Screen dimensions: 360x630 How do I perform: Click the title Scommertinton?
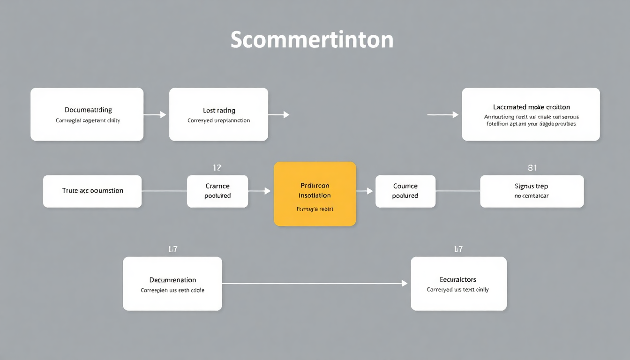pyautogui.click(x=312, y=40)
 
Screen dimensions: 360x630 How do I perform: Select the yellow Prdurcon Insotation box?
pyautogui.click(x=315, y=194)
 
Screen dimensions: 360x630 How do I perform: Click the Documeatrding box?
pyautogui.click(x=87, y=114)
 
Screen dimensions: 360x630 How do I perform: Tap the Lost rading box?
pyautogui.click(x=218, y=114)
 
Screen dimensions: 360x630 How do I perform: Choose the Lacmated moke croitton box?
pyautogui.click(x=531, y=114)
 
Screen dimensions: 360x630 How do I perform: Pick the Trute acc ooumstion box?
pyautogui.click(x=92, y=191)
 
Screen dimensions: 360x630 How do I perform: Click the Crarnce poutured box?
pyautogui.click(x=217, y=191)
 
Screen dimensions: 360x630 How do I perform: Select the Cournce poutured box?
pyautogui.click(x=405, y=191)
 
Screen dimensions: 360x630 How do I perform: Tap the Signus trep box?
pyautogui.click(x=532, y=191)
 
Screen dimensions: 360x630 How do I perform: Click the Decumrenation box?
pyautogui.click(x=172, y=284)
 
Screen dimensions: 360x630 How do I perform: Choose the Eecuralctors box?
pyautogui.click(x=458, y=284)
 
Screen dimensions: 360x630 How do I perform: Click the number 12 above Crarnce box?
pyautogui.click(x=217, y=167)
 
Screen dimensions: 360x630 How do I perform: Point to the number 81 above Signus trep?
pyautogui.click(x=532, y=167)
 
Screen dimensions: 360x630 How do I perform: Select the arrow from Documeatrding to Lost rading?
pyautogui.click(x=155, y=114)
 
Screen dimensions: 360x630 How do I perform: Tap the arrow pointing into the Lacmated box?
pyautogui.click(x=443, y=114)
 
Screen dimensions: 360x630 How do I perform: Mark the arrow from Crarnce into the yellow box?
pyautogui.click(x=260, y=191)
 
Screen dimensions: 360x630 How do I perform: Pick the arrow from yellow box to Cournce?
pyautogui.click(x=365, y=191)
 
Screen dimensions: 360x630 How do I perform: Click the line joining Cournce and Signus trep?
pyautogui.click(x=457, y=191)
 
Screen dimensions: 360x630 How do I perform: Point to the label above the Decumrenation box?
pyautogui.click(x=172, y=249)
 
